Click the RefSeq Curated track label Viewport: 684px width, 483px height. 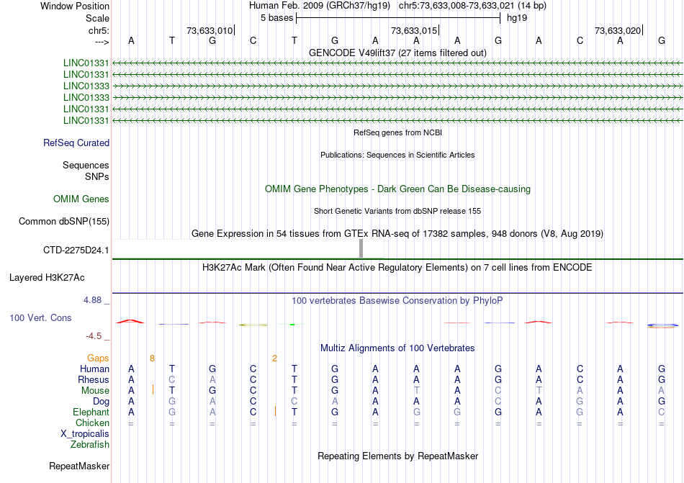point(76,143)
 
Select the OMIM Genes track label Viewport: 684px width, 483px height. point(81,199)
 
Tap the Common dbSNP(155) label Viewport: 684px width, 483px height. point(64,222)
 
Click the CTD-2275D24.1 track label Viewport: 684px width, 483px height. point(76,250)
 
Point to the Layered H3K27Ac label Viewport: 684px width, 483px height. point(47,277)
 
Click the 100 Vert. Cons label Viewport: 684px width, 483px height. point(40,317)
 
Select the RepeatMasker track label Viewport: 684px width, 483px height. point(79,466)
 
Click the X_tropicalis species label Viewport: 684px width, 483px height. point(85,434)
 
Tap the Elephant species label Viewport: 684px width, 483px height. point(91,412)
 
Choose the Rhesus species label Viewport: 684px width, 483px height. point(94,380)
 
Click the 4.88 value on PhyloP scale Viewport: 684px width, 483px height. point(97,300)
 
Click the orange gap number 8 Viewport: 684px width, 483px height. point(152,358)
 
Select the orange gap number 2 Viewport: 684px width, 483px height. point(274,358)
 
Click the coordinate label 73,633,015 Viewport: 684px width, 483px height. point(413,31)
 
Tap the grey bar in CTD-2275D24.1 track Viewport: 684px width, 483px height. point(361,248)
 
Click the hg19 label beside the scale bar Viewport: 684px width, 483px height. point(517,18)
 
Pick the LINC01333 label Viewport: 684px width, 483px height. point(86,86)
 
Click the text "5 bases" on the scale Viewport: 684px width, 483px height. point(276,18)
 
